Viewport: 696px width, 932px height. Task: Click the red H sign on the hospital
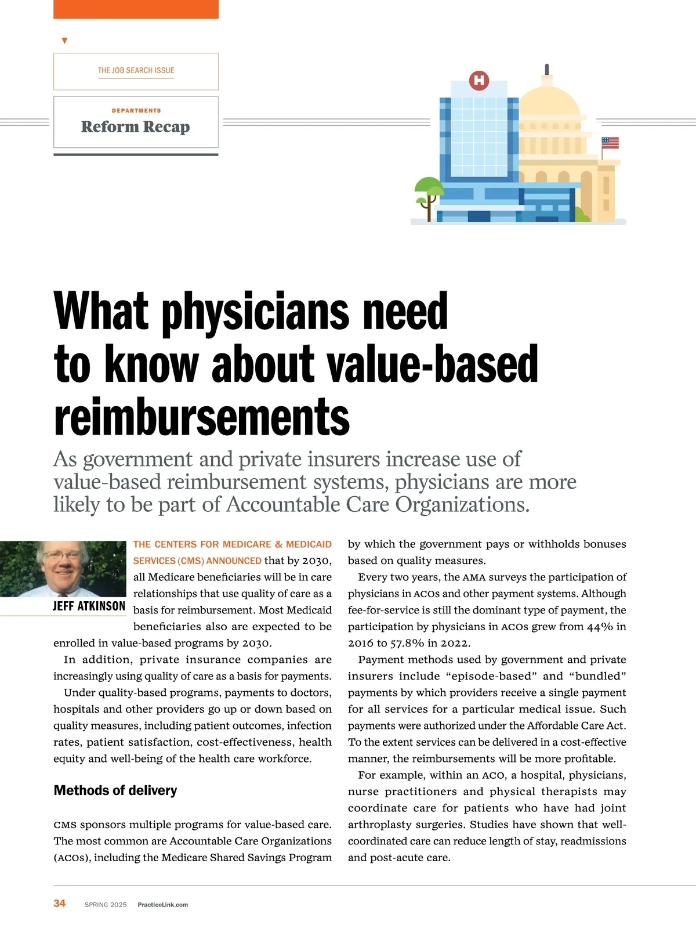479,80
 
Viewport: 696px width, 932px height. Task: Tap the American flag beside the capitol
610,143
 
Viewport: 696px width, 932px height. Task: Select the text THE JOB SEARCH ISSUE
136,70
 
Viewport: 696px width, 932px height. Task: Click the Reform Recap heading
136,127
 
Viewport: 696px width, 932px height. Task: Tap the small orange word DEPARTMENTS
136,110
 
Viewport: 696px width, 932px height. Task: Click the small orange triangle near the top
64,41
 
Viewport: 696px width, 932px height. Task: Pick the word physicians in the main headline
255,312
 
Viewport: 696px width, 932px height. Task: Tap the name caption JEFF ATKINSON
89,606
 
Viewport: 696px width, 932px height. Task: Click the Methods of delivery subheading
115,790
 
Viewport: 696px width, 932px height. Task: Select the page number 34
60,903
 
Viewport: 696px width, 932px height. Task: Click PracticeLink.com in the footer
162,905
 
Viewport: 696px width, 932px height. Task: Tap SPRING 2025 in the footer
106,905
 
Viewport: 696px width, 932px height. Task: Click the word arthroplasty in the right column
379,825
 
